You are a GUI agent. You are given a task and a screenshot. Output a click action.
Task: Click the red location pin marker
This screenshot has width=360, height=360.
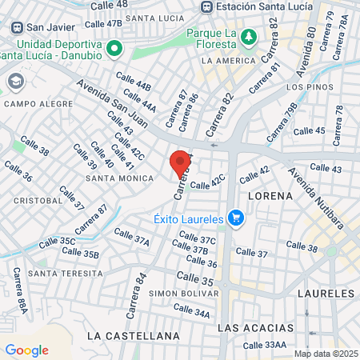pos(181,162)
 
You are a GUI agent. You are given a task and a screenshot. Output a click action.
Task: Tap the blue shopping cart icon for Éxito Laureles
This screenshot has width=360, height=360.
pos(235,217)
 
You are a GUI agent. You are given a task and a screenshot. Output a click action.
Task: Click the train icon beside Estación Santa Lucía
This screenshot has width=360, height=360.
pos(207,7)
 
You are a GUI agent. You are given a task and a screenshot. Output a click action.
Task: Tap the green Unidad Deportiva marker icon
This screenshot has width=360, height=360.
pos(114,48)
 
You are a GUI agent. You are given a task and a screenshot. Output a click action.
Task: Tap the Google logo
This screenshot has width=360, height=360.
pos(26,350)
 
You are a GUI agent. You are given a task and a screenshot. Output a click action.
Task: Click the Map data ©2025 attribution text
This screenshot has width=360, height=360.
pos(325,354)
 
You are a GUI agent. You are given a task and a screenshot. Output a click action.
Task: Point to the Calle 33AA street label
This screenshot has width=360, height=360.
pos(264,345)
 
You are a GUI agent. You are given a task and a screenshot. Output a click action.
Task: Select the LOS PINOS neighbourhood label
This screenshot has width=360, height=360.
pos(305,86)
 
